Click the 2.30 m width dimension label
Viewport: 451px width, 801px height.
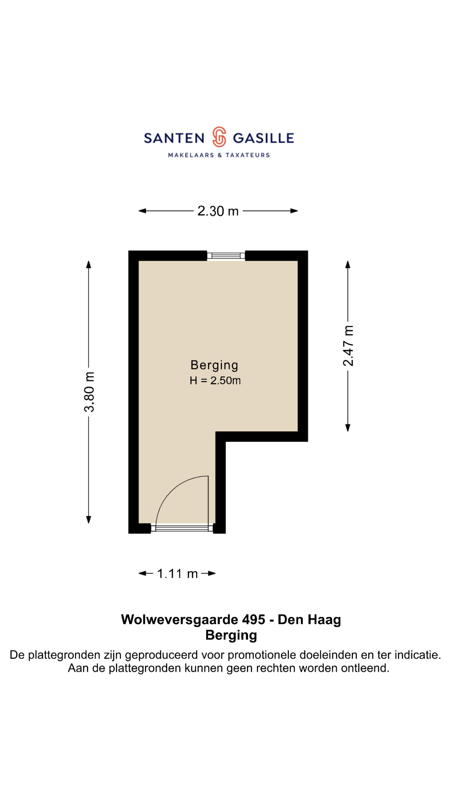218,211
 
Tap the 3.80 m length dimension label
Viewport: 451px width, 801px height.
89,392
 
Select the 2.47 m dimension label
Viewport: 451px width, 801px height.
348,346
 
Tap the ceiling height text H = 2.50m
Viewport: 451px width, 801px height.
215,381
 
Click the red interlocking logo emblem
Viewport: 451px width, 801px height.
219,137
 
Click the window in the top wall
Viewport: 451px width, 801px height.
226,256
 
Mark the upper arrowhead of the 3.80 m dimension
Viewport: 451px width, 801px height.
89,264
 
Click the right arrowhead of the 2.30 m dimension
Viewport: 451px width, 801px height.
294,211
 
